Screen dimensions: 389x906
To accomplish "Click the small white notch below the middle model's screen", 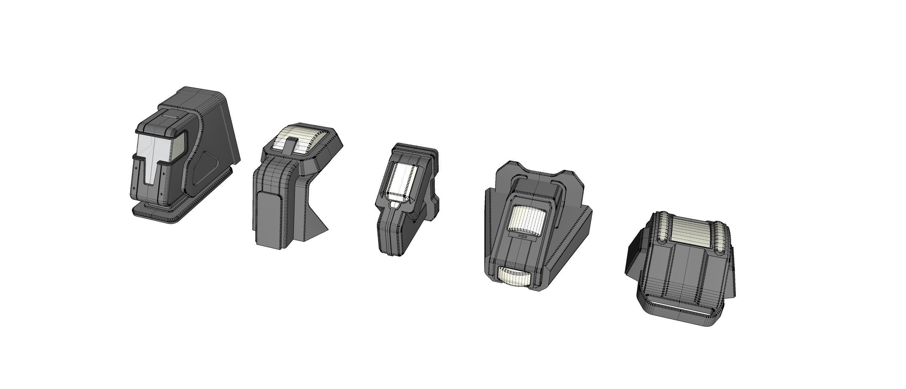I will (395, 205).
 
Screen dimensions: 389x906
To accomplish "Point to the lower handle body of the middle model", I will (393, 234).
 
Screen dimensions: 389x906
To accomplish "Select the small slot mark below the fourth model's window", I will (525, 236).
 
